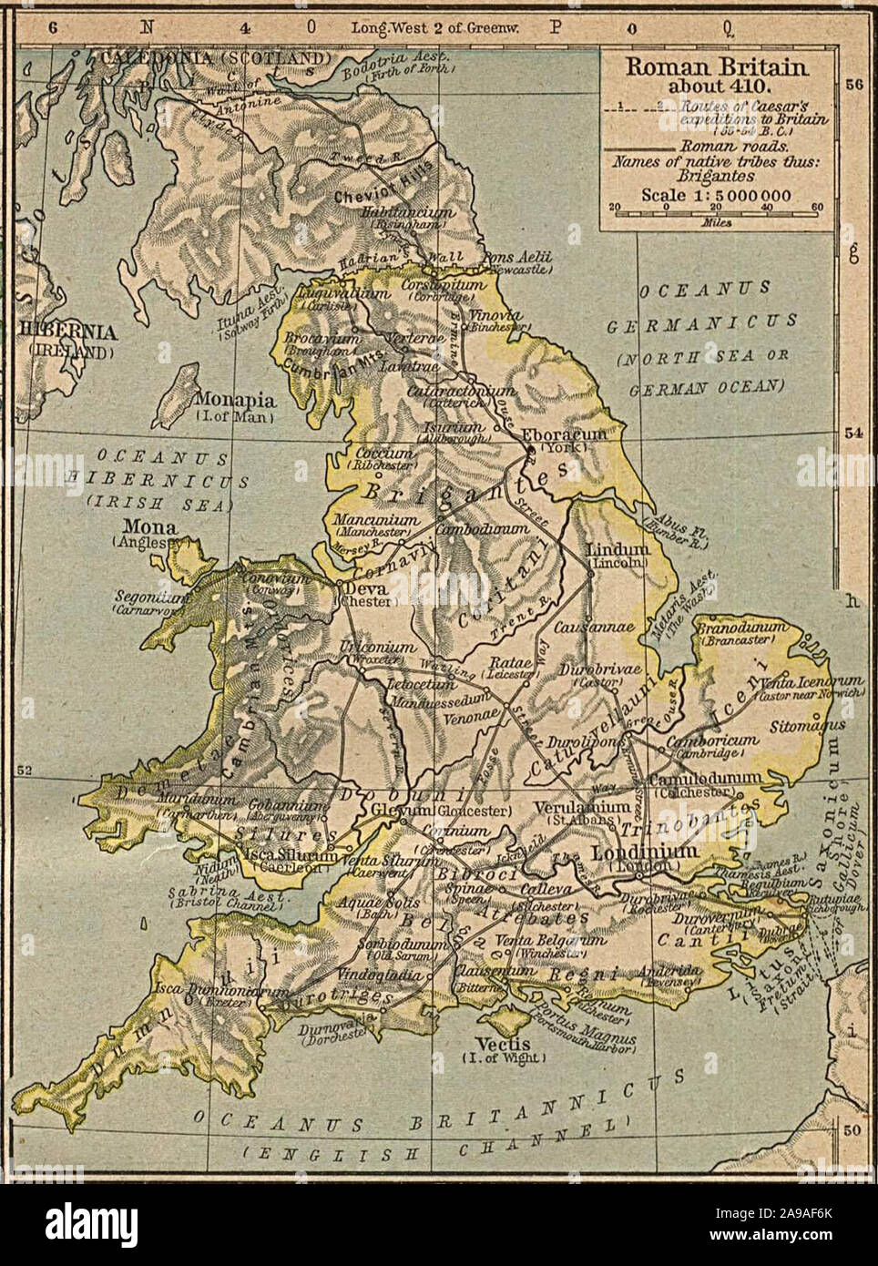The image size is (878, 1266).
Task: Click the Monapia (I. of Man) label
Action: [234, 399]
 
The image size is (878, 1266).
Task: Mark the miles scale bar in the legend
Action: [718, 209]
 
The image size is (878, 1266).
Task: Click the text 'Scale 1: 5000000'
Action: [716, 194]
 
